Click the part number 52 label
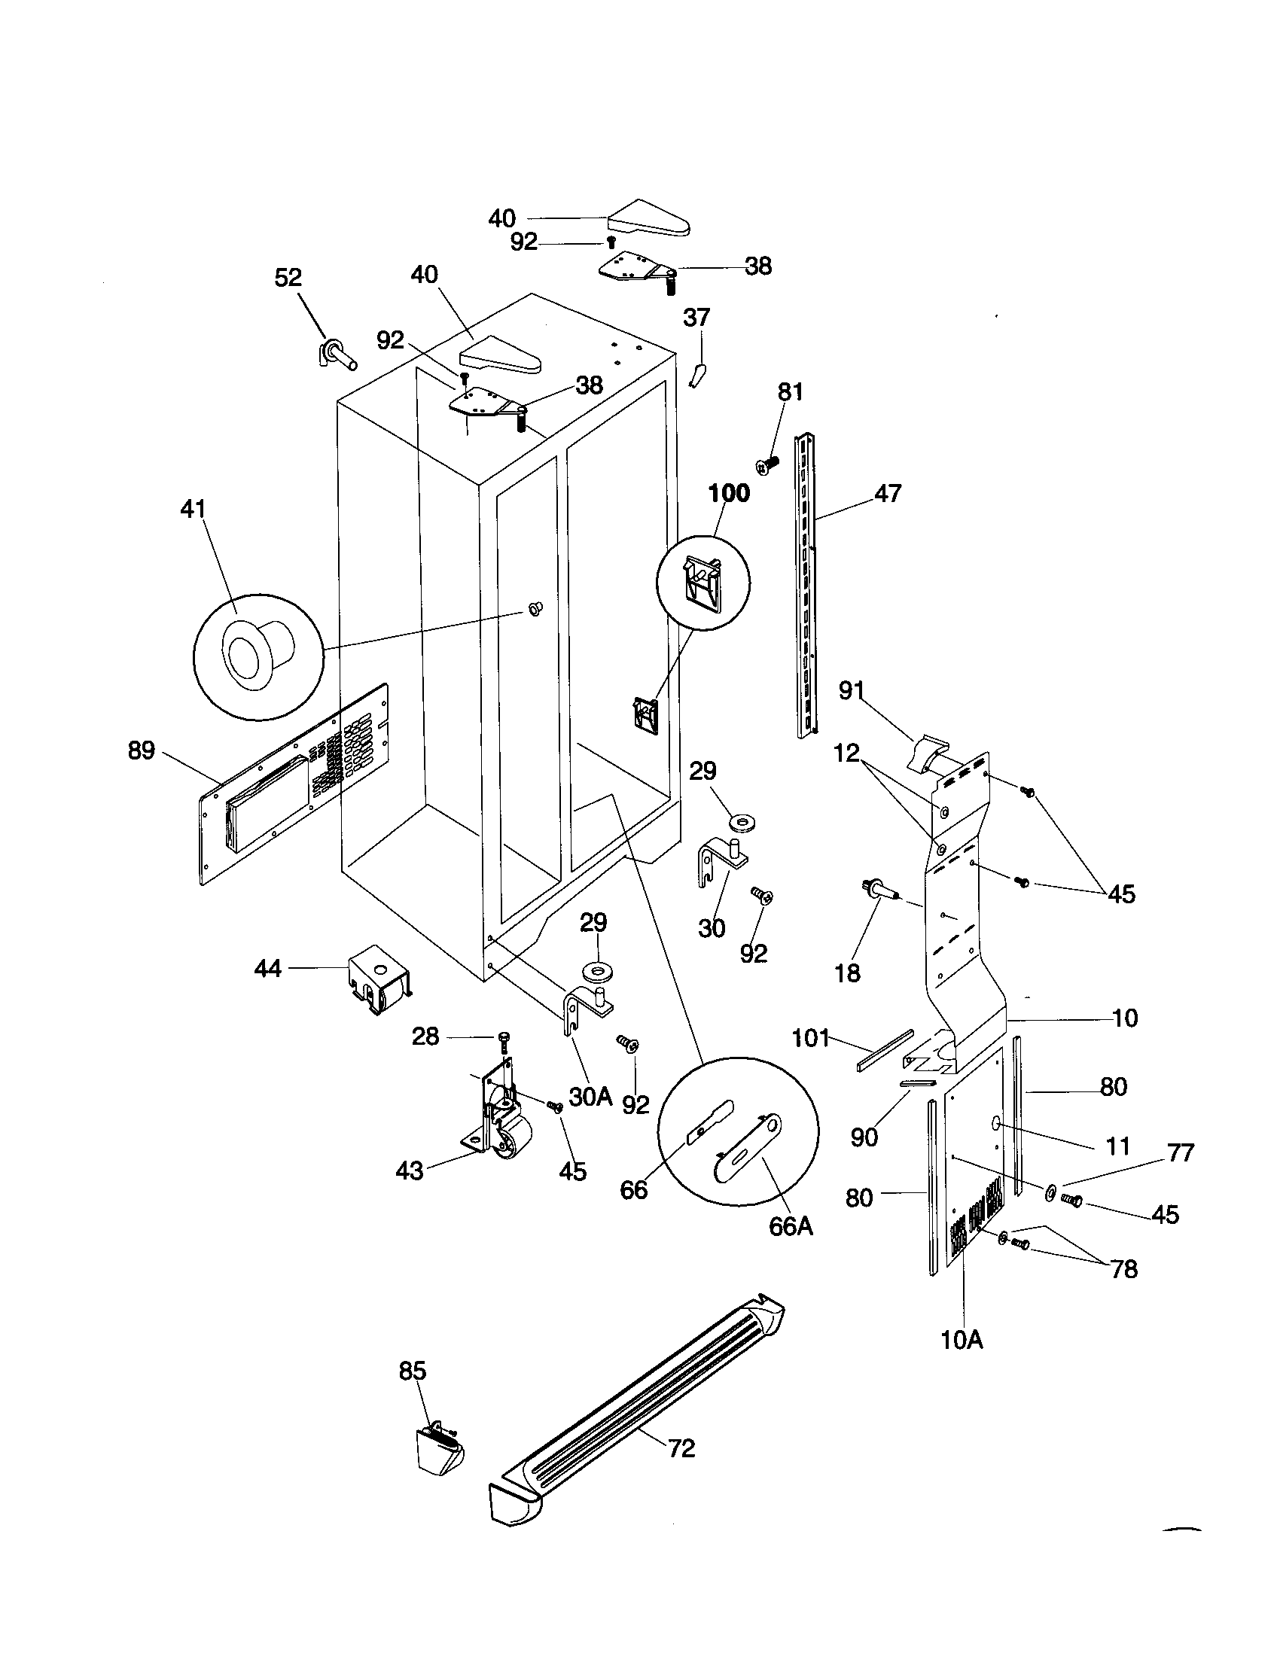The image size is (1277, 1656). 288,279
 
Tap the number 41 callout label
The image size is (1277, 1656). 193,509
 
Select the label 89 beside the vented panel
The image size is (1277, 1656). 141,750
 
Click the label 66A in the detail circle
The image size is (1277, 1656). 791,1226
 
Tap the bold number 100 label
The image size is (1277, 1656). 729,494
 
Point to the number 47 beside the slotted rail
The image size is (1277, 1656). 888,494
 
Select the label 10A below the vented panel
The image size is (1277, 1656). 962,1341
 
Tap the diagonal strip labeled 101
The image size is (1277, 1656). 885,1050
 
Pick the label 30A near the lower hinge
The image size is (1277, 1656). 590,1096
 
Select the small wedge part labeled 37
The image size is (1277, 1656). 699,375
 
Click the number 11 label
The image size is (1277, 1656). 1119,1146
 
